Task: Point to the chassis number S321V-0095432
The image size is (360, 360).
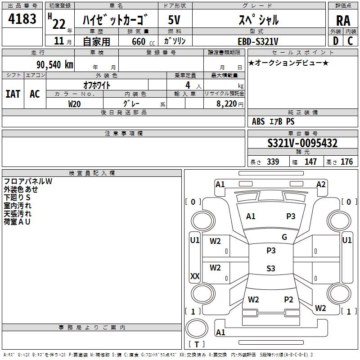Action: point(302,143)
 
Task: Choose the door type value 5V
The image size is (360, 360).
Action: point(174,20)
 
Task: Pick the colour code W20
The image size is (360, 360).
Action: point(75,103)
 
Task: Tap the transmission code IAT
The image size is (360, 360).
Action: point(13,94)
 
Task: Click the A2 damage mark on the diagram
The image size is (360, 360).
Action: point(321,184)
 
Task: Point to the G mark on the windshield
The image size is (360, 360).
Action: point(284,237)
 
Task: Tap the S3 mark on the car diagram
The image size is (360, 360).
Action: point(270,269)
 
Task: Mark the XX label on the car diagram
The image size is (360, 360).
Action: point(195,276)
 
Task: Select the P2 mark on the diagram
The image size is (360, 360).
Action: point(288,300)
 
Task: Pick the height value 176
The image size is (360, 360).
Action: point(346,162)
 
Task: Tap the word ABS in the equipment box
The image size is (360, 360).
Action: point(258,121)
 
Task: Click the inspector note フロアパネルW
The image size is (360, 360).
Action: point(28,181)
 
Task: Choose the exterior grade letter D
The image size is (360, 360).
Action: point(335,41)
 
